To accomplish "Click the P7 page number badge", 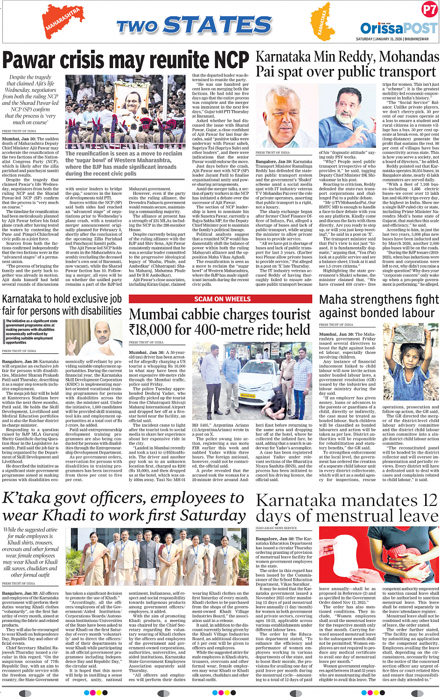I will tap(429, 10).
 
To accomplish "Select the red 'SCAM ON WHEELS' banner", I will tap(222, 299).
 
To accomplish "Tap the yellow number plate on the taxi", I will tap(248, 396).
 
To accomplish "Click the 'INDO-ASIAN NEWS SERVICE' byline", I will tap(276, 528).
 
